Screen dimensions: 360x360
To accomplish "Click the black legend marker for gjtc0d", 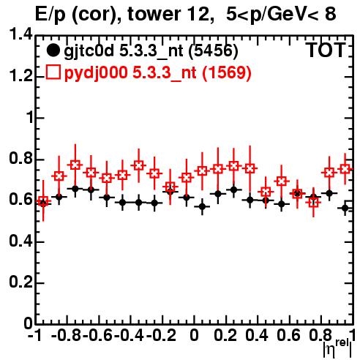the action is (x=53, y=50).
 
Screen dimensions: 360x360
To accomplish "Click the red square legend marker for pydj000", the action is (x=53, y=72).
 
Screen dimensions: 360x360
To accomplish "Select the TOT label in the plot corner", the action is (x=326, y=50).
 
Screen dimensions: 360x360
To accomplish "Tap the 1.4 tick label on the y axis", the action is (x=20, y=34).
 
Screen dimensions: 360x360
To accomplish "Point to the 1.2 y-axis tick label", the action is (x=20, y=76).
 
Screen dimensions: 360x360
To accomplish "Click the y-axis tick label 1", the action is (x=30, y=117).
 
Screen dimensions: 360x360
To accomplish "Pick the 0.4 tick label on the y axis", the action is (x=20, y=241).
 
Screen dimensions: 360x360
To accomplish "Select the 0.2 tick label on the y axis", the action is (x=20, y=282).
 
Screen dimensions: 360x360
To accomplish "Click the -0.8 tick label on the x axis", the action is (x=66, y=335).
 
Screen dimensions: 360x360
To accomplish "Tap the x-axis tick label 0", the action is (x=194, y=335).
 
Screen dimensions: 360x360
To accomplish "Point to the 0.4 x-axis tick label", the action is (x=257, y=335).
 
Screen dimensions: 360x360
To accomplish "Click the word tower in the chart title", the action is (x=153, y=14).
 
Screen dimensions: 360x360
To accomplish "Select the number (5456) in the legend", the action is (x=213, y=50).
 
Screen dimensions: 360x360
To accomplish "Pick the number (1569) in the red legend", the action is (x=227, y=72).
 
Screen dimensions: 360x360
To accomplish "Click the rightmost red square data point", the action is (x=345, y=169).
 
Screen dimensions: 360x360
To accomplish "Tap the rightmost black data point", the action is (x=345, y=208).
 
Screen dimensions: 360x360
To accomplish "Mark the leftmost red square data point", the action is (x=43, y=201).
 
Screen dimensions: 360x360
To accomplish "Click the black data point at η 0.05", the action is (x=202, y=207).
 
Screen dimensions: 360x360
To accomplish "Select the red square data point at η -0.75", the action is (x=75, y=165).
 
